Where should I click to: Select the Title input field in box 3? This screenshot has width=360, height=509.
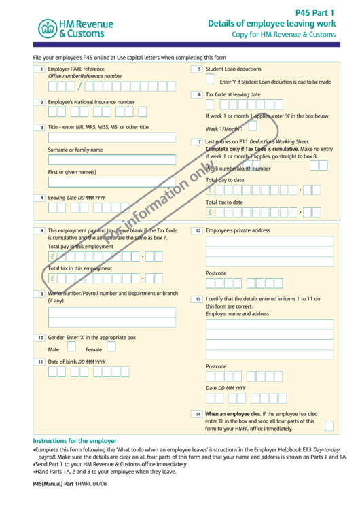coord(111,137)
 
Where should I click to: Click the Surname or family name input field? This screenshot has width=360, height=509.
coord(111,160)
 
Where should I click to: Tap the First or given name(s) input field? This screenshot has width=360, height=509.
coord(111,182)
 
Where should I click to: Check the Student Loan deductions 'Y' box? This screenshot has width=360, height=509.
coord(211,81)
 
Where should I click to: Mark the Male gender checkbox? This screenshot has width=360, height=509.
coord(71,347)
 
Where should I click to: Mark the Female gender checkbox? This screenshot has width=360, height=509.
coord(111,347)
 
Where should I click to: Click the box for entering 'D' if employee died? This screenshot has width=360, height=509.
coord(329,425)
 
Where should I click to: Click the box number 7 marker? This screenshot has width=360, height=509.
coord(199,141)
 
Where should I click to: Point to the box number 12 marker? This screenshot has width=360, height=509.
coord(198,231)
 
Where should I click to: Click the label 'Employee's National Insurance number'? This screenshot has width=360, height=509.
coord(91,102)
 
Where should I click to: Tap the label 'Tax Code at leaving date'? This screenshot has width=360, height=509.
coord(233,94)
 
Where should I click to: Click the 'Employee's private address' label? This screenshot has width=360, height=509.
coord(238,231)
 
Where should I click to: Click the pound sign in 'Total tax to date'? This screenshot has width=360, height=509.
coord(210,213)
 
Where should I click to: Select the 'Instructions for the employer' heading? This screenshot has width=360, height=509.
coord(75,440)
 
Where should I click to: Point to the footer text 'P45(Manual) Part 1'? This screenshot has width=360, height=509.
coord(54,483)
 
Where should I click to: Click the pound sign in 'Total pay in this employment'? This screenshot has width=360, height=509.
coord(52,257)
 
